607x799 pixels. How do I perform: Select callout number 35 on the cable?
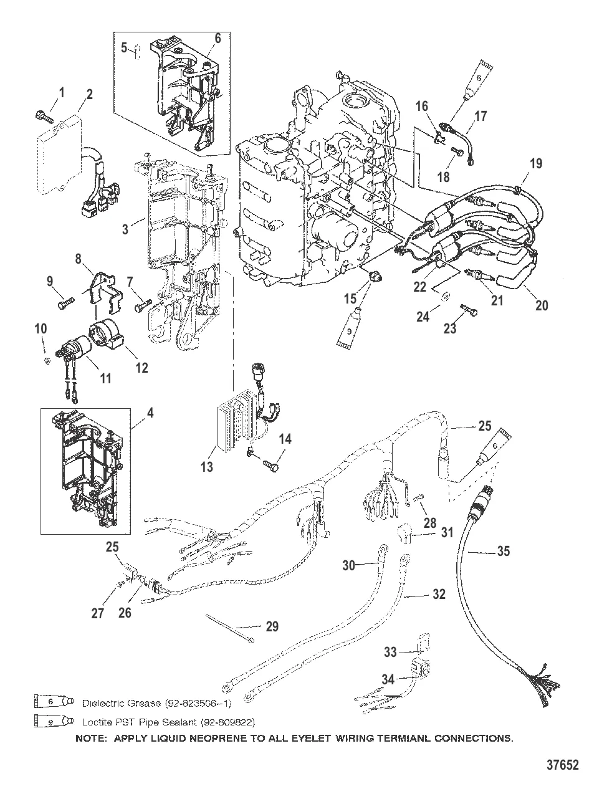tap(503, 550)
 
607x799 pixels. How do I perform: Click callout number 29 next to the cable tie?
tap(272, 626)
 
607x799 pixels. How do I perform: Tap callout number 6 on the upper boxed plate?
tap(217, 38)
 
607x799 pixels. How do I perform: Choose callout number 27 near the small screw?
tap(97, 613)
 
